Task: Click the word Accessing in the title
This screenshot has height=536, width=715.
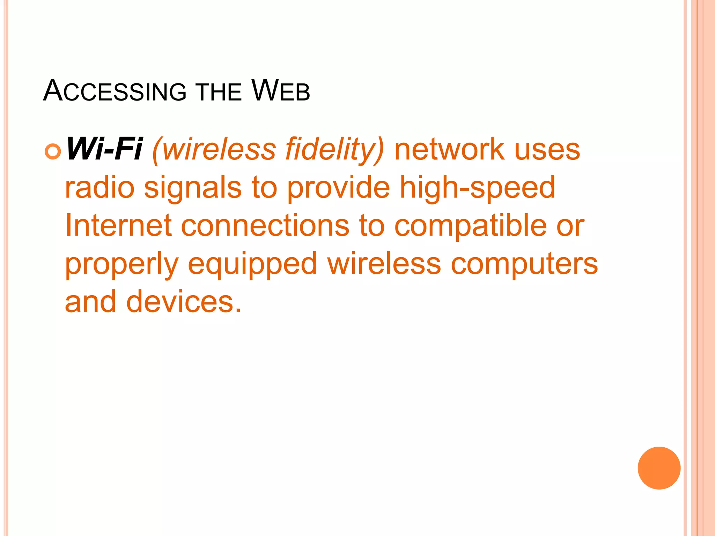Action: click(115, 91)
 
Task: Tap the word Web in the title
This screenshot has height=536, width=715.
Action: click(280, 91)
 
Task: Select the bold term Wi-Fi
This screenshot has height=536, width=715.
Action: click(104, 149)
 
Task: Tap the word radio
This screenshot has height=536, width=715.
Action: click(100, 187)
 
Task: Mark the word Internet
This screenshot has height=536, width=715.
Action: click(118, 225)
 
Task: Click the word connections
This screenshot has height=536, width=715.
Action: click(265, 226)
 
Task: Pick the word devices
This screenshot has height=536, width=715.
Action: click(184, 301)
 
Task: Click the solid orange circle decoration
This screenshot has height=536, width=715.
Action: click(659, 468)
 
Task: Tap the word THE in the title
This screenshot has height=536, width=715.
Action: click(219, 92)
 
